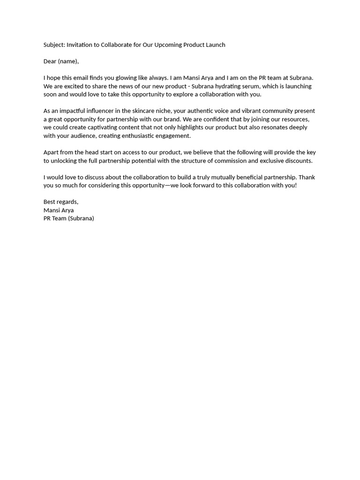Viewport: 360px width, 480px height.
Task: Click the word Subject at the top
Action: coord(53,45)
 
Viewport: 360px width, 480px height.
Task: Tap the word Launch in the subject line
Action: coord(215,45)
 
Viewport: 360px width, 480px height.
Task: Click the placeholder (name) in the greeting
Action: coord(68,61)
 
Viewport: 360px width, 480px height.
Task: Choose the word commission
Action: coord(231,161)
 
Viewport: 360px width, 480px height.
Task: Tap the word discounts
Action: coord(298,161)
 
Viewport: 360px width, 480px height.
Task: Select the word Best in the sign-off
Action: coord(50,202)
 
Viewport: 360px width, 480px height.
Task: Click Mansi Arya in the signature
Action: coord(59,210)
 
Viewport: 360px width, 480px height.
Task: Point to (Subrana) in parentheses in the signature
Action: coord(81,218)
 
